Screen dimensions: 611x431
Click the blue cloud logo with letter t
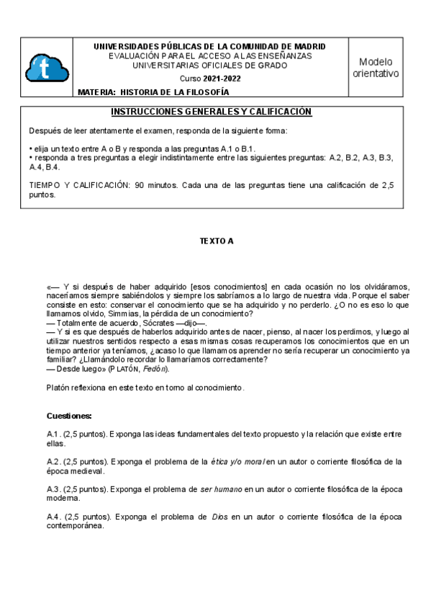click(x=47, y=68)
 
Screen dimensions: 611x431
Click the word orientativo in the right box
click(x=381, y=74)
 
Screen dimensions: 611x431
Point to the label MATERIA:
click(x=96, y=92)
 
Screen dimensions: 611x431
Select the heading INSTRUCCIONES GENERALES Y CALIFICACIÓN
click(x=211, y=112)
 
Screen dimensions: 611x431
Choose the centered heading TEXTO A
click(x=216, y=241)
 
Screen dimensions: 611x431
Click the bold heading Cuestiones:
click(x=69, y=416)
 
